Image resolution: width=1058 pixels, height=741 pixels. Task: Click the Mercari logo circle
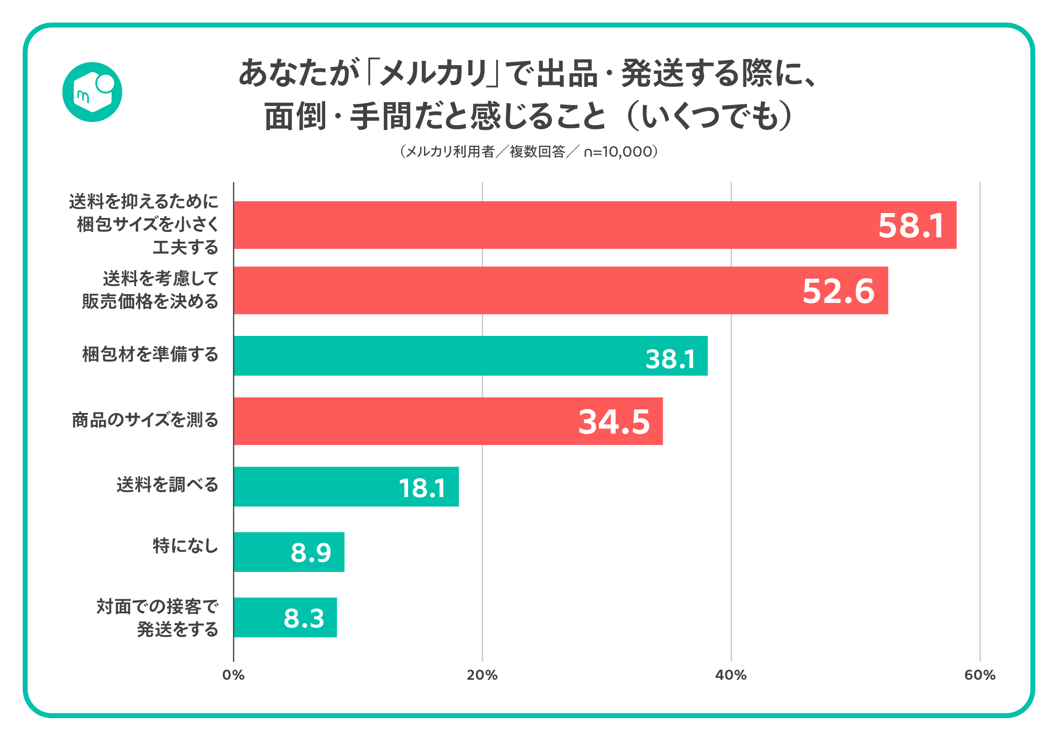tap(92, 92)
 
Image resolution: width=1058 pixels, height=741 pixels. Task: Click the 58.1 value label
tap(911, 226)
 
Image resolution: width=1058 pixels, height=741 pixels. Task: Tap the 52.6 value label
tap(838, 291)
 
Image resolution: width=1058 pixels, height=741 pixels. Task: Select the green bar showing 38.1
tap(470, 356)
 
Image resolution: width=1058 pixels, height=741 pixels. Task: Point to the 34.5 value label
tap(614, 422)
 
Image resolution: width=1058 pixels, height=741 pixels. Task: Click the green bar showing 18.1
tap(345, 487)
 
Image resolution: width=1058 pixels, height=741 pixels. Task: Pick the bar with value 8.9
tap(289, 552)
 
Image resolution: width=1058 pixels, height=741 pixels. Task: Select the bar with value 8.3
tap(285, 618)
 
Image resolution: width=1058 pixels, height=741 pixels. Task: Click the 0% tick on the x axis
tap(233, 675)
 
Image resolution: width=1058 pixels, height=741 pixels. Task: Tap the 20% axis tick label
tap(482, 675)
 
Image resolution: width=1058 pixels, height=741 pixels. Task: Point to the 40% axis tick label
tap(731, 675)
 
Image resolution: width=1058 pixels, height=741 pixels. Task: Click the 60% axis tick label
tap(980, 675)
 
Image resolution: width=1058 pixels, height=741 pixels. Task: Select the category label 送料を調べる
tap(167, 485)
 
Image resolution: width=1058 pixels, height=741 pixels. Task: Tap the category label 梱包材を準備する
tap(150, 354)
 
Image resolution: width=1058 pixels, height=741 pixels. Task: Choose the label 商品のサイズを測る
tap(145, 420)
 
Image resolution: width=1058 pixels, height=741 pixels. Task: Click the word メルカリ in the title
tap(433, 74)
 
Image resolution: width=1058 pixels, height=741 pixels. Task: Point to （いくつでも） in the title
tap(709, 116)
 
